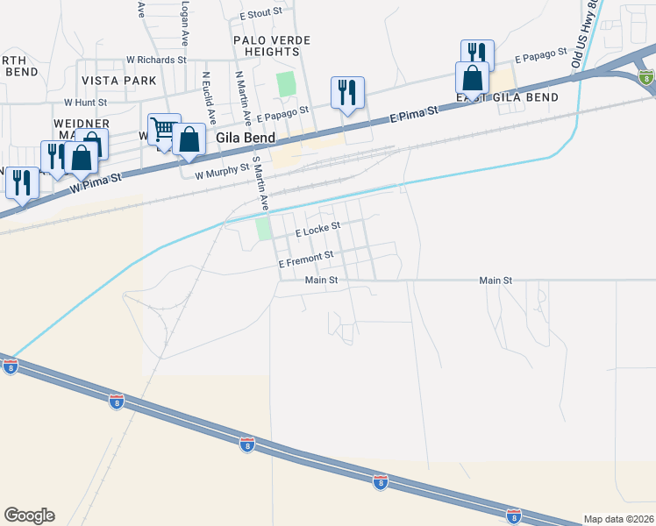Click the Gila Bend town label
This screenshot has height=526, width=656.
[x=246, y=138]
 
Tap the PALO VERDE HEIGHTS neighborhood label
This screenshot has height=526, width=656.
[x=273, y=46]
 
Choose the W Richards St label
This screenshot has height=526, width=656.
[x=156, y=60]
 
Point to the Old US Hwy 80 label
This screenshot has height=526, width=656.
[x=582, y=33]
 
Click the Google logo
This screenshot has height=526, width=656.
[x=29, y=515]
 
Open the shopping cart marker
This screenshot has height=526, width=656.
[x=163, y=130]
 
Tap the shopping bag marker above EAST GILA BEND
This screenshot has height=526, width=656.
[x=472, y=78]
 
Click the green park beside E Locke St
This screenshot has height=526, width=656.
[x=263, y=229]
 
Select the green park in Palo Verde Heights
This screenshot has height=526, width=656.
[x=286, y=85]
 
